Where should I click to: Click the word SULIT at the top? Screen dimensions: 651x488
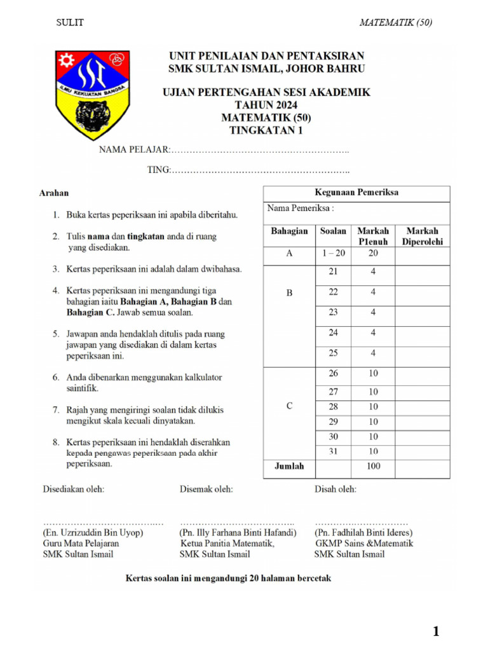tap(70, 23)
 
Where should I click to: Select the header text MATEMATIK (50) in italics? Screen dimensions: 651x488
tap(395, 23)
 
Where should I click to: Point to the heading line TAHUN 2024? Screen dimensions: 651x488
tap(266, 105)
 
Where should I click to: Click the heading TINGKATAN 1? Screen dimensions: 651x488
tap(266, 131)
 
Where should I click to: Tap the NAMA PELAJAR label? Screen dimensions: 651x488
tap(133, 150)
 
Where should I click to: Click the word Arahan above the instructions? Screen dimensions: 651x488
tap(54, 193)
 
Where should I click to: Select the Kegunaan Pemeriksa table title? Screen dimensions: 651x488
tap(356, 193)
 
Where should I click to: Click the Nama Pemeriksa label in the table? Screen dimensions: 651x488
tap(301, 208)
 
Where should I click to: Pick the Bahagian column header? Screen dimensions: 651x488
tap(289, 231)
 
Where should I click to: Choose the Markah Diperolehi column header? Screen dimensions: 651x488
tap(422, 236)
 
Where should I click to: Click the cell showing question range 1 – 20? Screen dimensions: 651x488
tap(333, 253)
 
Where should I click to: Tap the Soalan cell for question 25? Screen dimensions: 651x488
tap(333, 353)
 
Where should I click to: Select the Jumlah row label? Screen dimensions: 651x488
tap(289, 466)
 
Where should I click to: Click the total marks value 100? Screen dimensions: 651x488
tap(373, 466)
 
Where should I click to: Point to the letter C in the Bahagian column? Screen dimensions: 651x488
tap(289, 407)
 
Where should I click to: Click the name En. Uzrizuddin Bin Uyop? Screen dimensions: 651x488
tap(93, 532)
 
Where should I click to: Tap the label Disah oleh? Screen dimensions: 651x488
tap(335, 489)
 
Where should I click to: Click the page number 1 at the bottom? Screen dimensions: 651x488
tap(436, 631)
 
